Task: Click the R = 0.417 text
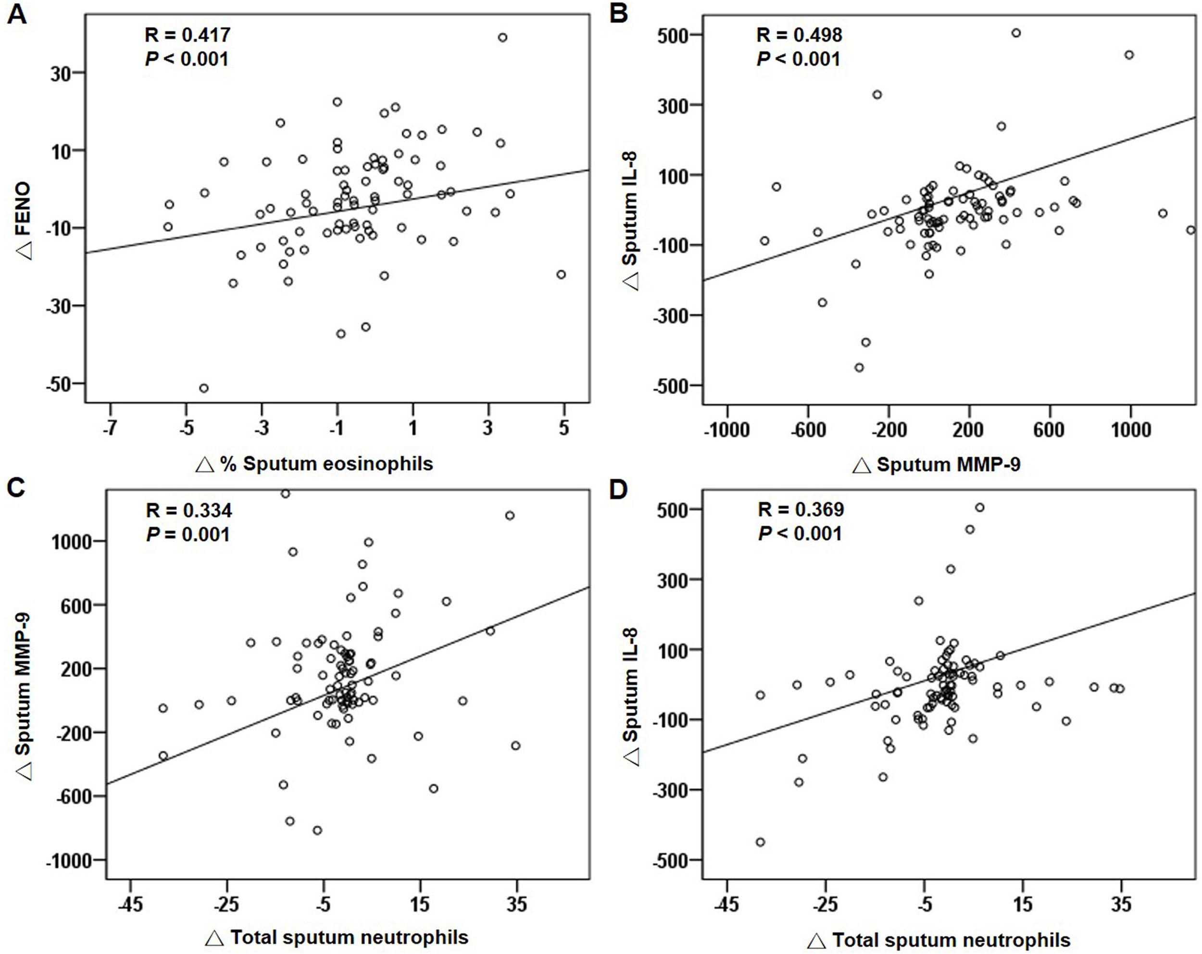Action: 188,35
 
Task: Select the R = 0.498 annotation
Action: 799,35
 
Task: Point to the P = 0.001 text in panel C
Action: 188,534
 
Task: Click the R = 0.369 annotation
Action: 801,509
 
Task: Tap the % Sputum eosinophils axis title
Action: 315,464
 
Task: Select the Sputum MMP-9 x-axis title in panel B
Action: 937,464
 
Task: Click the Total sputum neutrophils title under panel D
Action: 939,941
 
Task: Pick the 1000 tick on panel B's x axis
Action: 1130,430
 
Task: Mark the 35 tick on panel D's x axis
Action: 1121,904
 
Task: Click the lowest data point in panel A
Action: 204,388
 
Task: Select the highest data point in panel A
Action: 502,37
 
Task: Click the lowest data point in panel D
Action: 760,842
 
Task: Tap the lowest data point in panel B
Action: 859,368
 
